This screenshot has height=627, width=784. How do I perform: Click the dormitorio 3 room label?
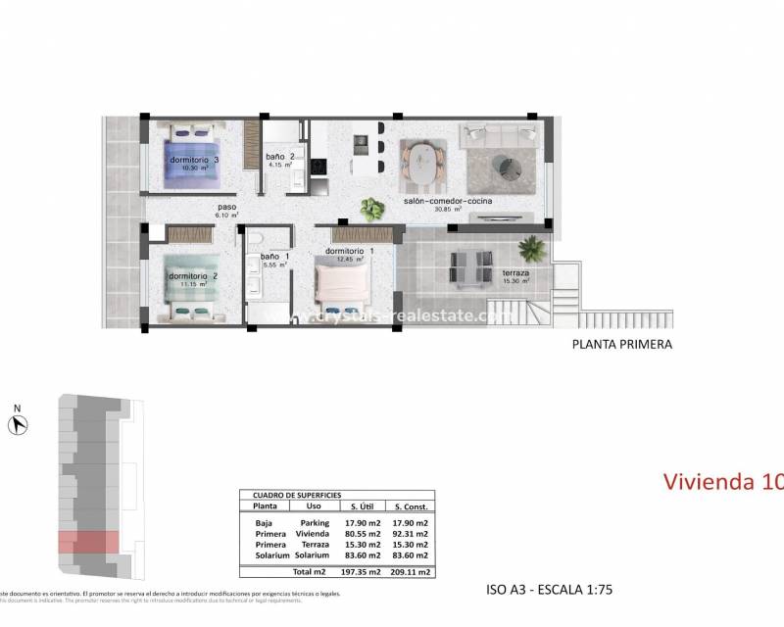(194, 160)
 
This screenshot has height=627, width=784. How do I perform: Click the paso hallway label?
(227, 207)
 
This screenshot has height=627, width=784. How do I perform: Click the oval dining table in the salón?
(423, 163)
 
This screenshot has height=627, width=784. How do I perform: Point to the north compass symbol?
(18, 423)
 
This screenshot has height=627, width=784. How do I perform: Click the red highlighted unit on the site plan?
(88, 542)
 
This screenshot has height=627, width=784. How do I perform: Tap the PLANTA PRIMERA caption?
(621, 345)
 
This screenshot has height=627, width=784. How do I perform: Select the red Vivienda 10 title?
(722, 482)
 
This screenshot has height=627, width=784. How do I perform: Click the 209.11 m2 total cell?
(411, 570)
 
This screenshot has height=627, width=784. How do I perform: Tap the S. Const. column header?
(411, 506)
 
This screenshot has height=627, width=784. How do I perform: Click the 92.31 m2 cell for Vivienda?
(411, 534)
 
